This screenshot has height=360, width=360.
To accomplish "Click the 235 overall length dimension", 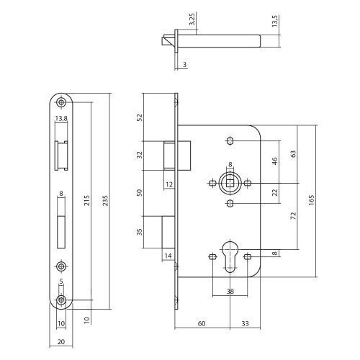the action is (x=105, y=201).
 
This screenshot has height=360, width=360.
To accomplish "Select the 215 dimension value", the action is (x=87, y=200).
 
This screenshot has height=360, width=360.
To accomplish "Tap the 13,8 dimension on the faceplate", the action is (x=61, y=118).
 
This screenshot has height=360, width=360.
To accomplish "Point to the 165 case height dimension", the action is (x=311, y=200).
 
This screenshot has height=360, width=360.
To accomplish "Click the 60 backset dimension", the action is (x=202, y=323).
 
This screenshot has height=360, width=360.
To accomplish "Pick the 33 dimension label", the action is (x=245, y=323).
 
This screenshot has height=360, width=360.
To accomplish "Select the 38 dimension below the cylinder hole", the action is (x=230, y=291).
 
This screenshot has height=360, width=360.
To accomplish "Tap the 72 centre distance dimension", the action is (x=293, y=215).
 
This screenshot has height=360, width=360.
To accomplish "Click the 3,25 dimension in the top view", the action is (x=192, y=19).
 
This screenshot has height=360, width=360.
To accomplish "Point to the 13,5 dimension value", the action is (x=275, y=21).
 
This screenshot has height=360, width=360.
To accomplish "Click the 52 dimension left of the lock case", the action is (x=140, y=117).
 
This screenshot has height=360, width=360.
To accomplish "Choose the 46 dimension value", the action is (x=275, y=161).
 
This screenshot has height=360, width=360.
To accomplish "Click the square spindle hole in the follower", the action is (x=230, y=184).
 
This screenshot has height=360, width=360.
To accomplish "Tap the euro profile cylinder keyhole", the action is (x=230, y=256).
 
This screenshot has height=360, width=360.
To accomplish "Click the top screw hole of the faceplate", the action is (x=61, y=102).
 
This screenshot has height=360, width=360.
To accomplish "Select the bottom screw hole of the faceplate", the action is (x=61, y=300).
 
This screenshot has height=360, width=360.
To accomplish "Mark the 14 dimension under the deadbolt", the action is (x=168, y=256).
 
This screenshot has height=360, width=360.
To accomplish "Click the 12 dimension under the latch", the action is (x=169, y=184).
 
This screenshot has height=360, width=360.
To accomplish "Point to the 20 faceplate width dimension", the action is (x=61, y=341).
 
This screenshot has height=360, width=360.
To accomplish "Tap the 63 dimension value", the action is (x=293, y=154).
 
